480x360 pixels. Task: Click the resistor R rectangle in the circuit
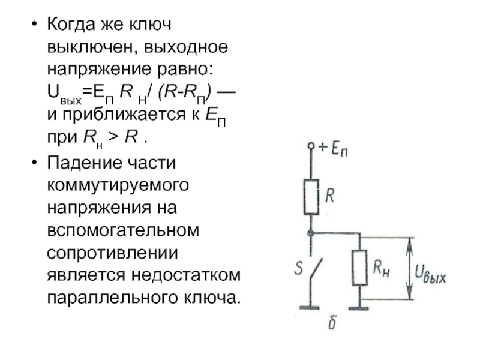[x=311, y=197]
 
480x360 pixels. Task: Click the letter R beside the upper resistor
[x=331, y=196]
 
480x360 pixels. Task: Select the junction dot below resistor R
[x=311, y=232]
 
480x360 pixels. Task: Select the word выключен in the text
[x=84, y=47]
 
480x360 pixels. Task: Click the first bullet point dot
[x=34, y=26]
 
